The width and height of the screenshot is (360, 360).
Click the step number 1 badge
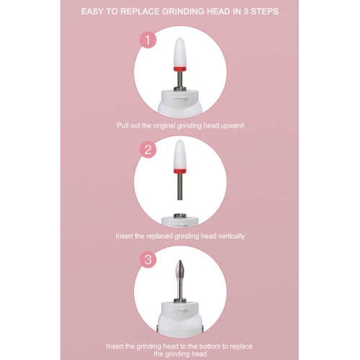coord(148,40)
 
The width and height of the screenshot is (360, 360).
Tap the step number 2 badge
coord(148,150)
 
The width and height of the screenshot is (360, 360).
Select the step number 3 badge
coord(148,260)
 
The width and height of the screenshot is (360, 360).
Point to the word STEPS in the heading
coord(265,12)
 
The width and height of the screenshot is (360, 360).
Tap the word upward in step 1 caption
coord(232,126)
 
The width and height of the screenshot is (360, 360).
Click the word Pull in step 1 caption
coord(122,125)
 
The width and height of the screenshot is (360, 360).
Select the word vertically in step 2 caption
coord(231,236)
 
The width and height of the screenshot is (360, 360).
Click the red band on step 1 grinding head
coord(180,69)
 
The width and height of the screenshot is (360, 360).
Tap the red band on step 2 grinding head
coord(180,171)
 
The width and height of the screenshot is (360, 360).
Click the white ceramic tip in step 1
coord(180,53)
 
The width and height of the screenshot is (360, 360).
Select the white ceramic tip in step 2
coord(180,154)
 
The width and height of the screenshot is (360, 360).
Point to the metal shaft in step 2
coord(180,186)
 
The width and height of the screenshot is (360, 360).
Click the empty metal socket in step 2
coord(180,215)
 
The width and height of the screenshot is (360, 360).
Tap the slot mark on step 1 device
coord(180,97)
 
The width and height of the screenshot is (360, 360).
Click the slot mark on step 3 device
coord(180,310)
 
